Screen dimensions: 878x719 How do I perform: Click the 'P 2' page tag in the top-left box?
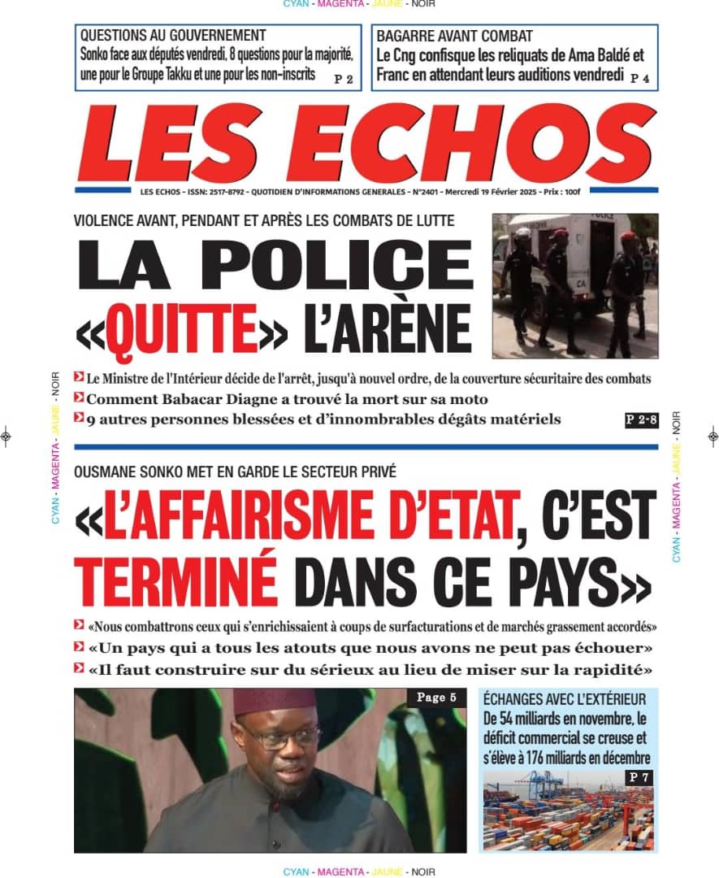coord(344,80)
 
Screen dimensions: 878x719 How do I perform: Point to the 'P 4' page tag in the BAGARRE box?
coord(640,78)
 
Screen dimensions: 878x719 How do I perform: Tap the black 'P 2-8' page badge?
coord(640,420)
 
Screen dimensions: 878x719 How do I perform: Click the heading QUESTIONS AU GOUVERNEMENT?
coord(173,36)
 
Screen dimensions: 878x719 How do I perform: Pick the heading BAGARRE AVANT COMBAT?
coord(454,36)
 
